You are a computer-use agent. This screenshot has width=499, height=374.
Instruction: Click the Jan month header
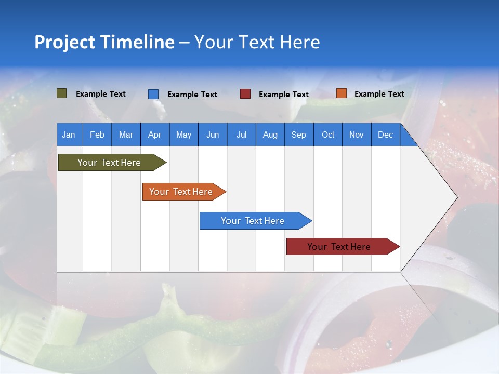tap(69, 135)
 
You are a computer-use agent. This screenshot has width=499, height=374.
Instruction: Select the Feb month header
tap(97, 135)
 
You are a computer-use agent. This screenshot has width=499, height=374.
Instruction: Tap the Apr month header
tap(154, 135)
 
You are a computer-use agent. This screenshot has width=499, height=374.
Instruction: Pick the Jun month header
tap(213, 135)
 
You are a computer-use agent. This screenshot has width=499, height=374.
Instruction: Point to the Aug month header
tap(270, 135)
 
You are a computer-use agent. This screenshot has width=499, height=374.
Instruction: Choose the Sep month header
tap(298, 135)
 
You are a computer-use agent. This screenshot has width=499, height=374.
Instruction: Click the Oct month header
tap(328, 135)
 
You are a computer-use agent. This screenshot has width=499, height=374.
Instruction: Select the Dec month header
tap(385, 135)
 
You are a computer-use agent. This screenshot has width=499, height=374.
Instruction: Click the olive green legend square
tap(62, 94)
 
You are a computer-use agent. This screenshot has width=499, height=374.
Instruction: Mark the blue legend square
tap(153, 94)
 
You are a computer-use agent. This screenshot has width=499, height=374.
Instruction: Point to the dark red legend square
tap(245, 94)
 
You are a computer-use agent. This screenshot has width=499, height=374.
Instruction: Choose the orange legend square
tap(341, 94)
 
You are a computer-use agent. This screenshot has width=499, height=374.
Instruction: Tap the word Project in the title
tap(64, 42)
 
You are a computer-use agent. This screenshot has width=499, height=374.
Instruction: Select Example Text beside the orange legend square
tap(379, 94)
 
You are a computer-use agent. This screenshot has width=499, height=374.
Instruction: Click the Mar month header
tap(126, 135)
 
